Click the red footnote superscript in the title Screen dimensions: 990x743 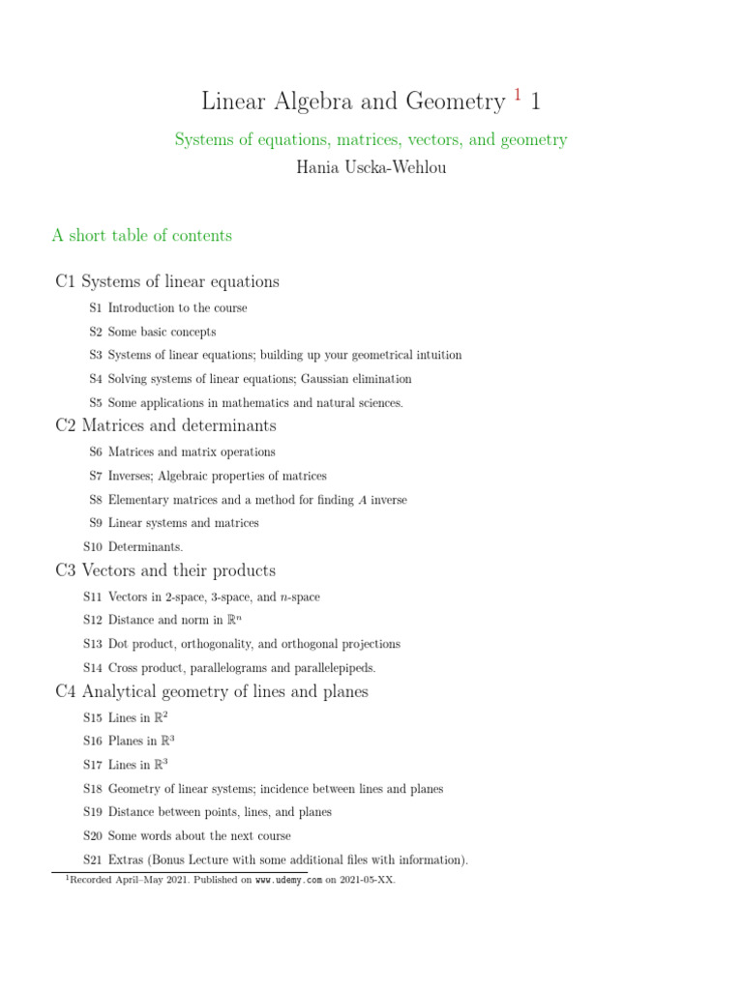518,95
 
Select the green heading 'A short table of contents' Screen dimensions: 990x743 142,235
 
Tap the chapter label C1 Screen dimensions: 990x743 65,281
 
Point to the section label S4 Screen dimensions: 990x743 95,379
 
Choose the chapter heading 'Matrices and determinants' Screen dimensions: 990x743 179,425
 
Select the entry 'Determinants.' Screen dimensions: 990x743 145,547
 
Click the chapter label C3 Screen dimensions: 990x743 65,570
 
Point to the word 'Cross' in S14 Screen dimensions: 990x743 124,667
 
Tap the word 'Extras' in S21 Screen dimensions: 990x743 125,859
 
